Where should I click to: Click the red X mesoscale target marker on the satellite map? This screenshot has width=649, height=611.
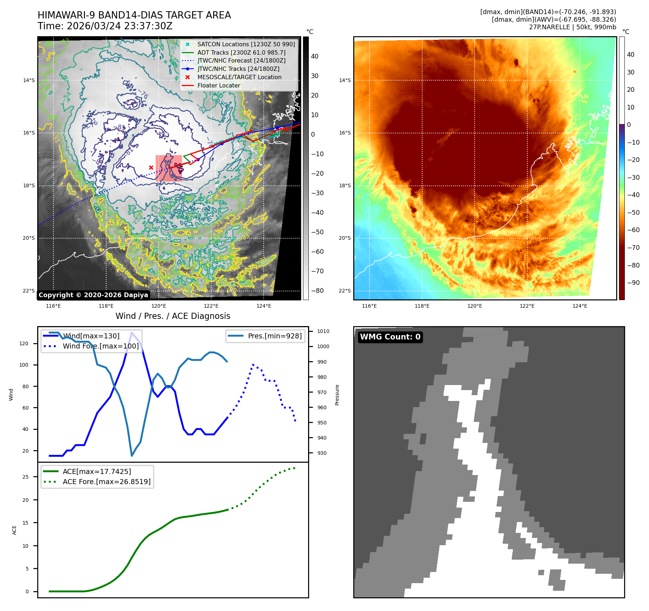coord(151,167)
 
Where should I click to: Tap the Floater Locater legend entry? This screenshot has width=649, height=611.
coord(219,85)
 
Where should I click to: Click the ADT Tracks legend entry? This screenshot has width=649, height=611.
coord(241,52)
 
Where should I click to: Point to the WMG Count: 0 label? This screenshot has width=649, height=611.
coord(390,337)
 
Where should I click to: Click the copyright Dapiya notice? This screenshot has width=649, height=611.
coord(93,295)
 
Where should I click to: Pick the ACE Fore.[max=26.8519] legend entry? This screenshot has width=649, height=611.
coord(107,482)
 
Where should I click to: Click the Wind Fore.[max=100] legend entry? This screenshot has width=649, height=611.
coord(100,346)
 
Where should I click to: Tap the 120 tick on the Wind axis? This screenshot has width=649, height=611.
coord(24,343)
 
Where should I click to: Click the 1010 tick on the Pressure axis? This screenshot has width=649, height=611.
coord(323,331)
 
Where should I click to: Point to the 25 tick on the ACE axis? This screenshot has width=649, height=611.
coord(25,477)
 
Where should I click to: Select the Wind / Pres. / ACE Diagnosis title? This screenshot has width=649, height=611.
coord(173,316)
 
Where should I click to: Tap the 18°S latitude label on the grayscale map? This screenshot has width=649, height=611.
coord(29,185)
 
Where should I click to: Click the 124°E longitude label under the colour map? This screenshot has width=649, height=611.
coord(580,306)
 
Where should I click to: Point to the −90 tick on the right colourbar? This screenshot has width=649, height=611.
coord(633,283)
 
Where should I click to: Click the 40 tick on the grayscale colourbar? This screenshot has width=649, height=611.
coord(315,56)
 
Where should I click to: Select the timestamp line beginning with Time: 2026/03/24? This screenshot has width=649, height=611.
coord(105,26)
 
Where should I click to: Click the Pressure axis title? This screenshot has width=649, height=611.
coord(337,395)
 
